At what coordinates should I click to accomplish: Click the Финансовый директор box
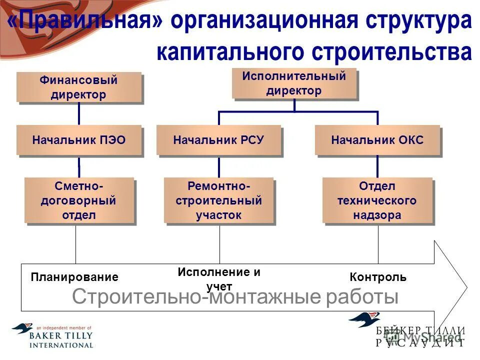79,87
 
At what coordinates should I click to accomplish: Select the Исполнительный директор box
294,83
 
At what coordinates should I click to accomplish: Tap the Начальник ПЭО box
79,140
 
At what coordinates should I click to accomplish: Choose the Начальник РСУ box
218,140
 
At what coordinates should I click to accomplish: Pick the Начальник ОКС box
377,140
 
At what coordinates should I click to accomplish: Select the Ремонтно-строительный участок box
218,200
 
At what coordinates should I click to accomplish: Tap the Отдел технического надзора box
377,200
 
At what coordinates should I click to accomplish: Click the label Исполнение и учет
219,279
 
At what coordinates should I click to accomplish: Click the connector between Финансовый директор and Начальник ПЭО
79,114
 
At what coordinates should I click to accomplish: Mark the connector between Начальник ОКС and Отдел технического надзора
377,166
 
